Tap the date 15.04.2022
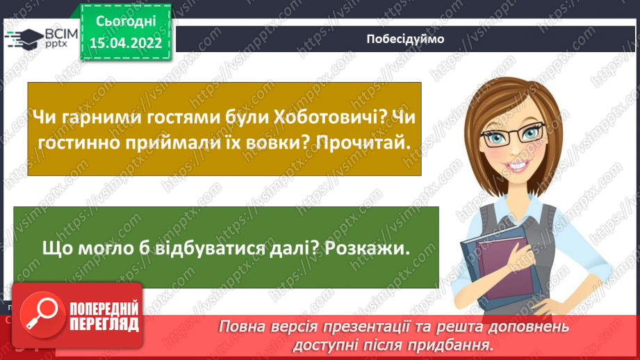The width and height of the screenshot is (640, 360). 125,44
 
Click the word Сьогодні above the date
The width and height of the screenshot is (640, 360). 125,22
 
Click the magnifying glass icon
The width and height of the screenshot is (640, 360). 40,316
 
